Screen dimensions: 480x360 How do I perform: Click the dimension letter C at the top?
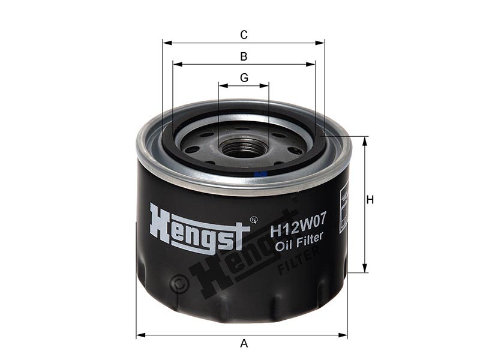(244, 35)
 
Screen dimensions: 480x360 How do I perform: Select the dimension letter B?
(244, 56)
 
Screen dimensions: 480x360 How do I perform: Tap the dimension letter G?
(244, 78)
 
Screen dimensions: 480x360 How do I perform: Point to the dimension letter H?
(370, 200)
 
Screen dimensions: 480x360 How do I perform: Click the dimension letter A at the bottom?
(244, 343)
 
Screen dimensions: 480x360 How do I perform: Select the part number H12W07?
(297, 227)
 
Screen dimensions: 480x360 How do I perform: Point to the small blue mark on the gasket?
(261, 173)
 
